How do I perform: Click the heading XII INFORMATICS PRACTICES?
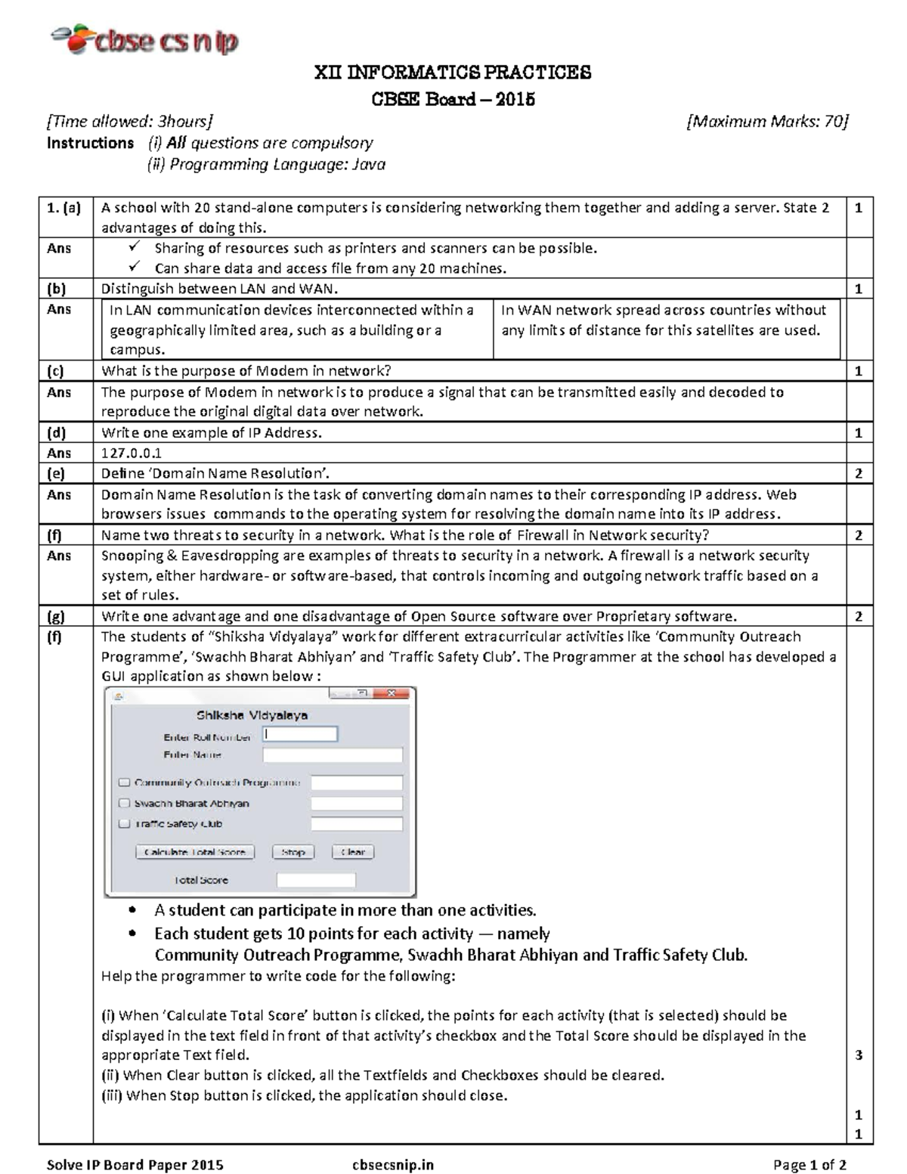pos(452,73)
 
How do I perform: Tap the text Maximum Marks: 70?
pos(767,122)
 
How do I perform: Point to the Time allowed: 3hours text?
pos(129,122)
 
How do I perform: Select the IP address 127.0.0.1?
pos(132,453)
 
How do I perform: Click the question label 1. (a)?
pos(64,208)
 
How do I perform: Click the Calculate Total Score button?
pos(195,852)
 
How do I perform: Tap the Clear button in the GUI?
pos(353,852)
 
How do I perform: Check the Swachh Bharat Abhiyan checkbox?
pos(125,804)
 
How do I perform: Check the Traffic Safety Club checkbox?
pos(125,824)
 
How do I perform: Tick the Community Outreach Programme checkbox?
pos(125,783)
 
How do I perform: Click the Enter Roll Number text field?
pos(300,734)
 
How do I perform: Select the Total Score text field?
pos(316,880)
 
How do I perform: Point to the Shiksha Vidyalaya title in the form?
pos(252,715)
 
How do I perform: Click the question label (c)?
pos(56,371)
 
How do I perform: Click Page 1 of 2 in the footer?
pos(809,1165)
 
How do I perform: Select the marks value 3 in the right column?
pos(858,1055)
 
